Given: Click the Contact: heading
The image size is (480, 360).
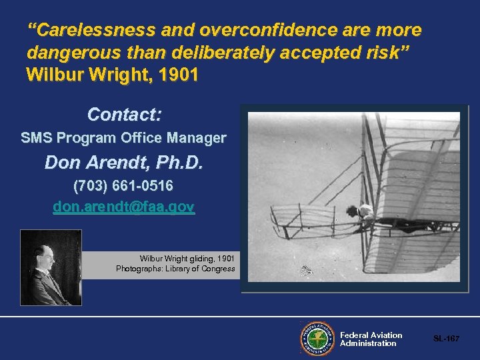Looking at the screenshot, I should click(x=125, y=115).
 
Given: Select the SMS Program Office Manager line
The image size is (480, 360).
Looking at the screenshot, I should click(x=123, y=139).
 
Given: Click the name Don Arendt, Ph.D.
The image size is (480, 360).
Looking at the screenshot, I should click(x=123, y=163).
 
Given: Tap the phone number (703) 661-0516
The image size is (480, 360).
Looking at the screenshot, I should click(x=123, y=185).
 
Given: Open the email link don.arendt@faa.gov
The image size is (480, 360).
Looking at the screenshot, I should click(x=123, y=207).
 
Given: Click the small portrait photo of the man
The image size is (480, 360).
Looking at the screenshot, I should click(x=51, y=267).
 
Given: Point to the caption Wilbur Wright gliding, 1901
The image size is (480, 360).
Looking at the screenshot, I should click(x=187, y=258).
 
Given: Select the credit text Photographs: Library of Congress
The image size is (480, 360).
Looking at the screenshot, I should click(x=175, y=269).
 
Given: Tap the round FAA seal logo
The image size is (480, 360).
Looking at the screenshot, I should click(x=317, y=339).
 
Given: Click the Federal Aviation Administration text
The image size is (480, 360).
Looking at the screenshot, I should click(x=371, y=339).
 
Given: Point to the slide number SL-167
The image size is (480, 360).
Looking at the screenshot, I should click(x=446, y=339).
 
